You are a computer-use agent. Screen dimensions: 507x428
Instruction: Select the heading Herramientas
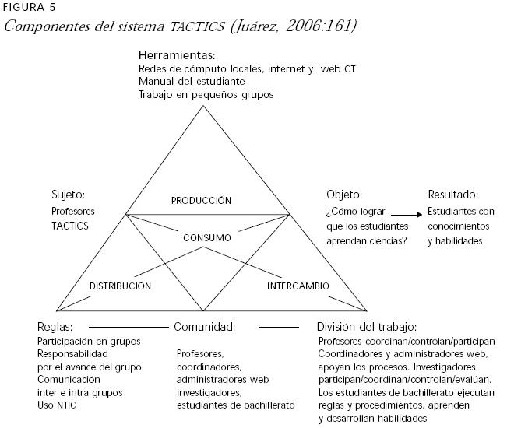176,56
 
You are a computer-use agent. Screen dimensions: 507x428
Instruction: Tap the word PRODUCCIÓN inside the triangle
202,200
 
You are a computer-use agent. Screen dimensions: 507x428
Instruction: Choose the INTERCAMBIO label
298,286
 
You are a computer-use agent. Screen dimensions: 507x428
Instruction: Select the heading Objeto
344,195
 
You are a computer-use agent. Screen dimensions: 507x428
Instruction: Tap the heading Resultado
452,195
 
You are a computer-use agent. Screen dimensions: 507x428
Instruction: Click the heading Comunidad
204,326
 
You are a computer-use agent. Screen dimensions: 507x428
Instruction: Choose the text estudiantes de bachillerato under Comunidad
235,405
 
